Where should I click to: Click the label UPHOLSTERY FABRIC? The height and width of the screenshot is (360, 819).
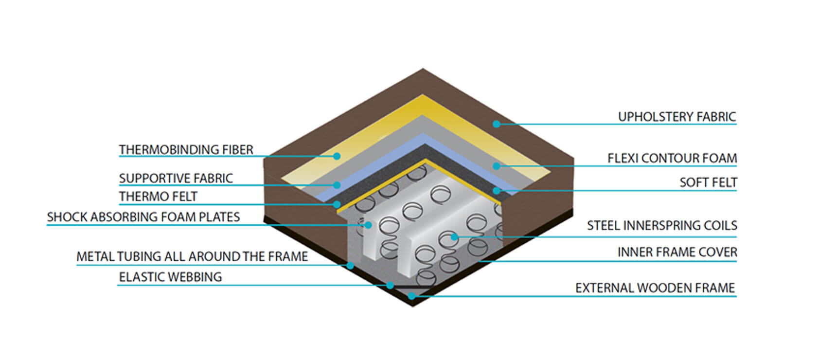coord(677,117)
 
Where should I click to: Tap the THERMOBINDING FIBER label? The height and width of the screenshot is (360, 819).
coord(186,150)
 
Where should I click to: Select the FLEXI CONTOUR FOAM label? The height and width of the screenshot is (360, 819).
coord(672,158)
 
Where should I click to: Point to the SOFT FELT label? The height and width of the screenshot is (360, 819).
coord(708,182)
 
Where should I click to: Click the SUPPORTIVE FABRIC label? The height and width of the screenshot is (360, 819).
coord(176,178)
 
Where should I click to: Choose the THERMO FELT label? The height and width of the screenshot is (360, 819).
coord(158,197)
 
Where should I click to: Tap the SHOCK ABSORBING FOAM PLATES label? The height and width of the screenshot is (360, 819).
coord(143,217)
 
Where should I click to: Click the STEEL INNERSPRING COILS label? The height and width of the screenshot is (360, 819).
coord(662,225)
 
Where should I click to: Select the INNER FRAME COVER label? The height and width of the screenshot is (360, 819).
coord(677,252)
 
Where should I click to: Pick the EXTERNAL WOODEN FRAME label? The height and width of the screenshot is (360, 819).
coord(655,288)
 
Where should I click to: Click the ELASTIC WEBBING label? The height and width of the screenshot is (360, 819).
coord(170,277)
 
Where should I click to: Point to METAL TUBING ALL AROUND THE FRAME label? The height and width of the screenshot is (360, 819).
coord(192,256)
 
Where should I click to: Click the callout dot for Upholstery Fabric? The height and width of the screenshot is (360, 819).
coord(496,124)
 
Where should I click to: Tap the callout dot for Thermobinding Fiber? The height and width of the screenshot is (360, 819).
coord(337,156)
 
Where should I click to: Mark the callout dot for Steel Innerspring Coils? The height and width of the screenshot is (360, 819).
coord(454,237)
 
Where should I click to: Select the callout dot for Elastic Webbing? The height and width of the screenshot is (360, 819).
coord(390,285)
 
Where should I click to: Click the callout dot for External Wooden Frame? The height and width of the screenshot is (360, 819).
coord(412,296)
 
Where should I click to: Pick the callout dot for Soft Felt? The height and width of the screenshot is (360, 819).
coord(496,191)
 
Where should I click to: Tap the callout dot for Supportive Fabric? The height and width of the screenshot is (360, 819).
coord(337,185)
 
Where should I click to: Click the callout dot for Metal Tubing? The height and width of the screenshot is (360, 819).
coord(350,265)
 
